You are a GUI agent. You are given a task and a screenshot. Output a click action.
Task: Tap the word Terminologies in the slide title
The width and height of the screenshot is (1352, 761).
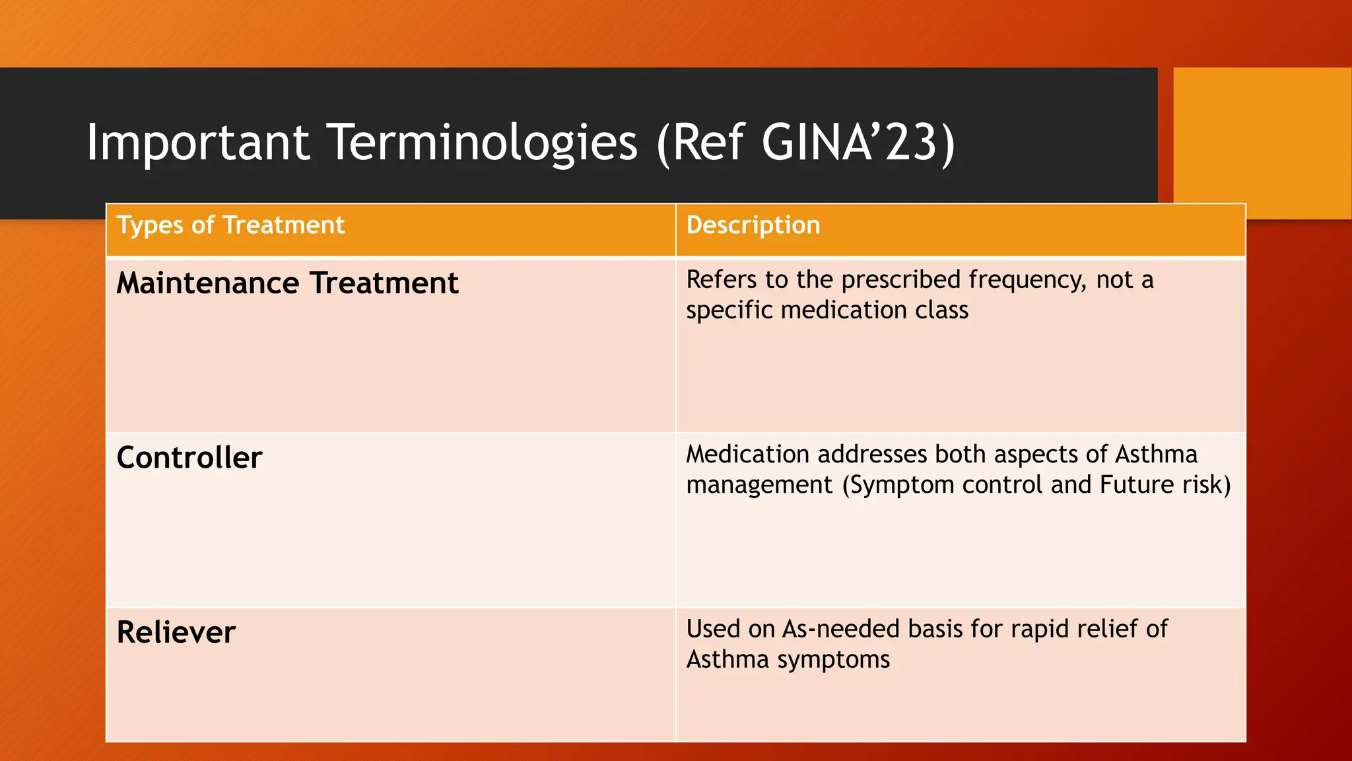tap(483, 142)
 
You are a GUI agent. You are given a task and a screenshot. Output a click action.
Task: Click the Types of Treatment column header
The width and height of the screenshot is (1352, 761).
tap(230, 225)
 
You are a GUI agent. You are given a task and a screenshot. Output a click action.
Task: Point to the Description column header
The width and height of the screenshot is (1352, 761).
tap(753, 225)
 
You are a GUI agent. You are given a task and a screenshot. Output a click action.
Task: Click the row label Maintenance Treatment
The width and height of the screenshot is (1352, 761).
tap(287, 283)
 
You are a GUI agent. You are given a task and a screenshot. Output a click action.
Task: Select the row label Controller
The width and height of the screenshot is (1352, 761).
tap(189, 458)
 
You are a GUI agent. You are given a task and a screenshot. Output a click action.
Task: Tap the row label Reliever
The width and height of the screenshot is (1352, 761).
tap(176, 632)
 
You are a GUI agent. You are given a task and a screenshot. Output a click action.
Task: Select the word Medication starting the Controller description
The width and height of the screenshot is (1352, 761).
tap(747, 454)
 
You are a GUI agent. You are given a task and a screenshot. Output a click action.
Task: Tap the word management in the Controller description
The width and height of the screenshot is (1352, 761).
tap(759, 486)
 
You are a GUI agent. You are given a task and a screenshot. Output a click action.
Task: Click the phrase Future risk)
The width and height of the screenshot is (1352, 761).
tap(1165, 485)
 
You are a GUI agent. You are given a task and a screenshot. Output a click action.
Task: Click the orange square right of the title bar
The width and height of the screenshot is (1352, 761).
tap(1262, 142)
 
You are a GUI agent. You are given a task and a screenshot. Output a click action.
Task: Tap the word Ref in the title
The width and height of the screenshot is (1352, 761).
tap(709, 142)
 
